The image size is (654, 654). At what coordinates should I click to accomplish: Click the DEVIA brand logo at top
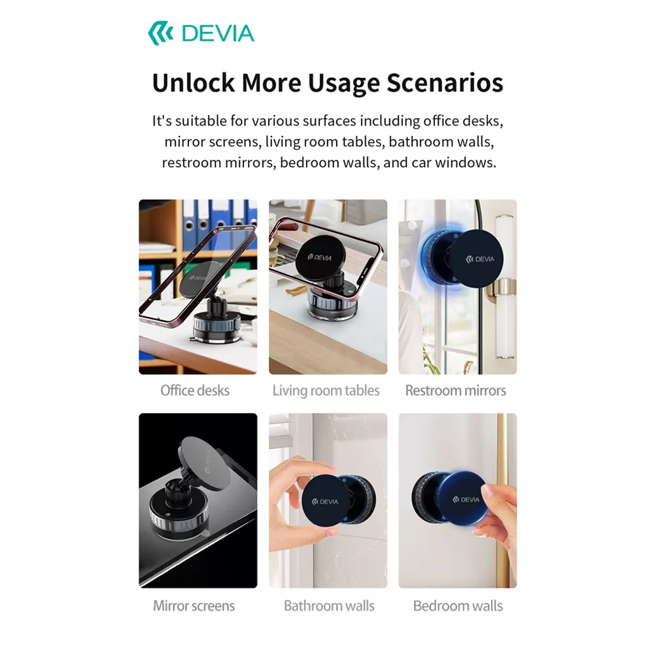pos(201,33)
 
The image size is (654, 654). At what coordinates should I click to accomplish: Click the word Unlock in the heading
pos(193,83)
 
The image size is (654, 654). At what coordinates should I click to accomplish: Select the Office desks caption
pos(195,390)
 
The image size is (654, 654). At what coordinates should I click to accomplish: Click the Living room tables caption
pos(326,390)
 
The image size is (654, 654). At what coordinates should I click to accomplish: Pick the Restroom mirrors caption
pos(455,390)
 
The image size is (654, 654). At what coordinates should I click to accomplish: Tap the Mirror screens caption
pos(194,605)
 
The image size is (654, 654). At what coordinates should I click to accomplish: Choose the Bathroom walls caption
pos(329,605)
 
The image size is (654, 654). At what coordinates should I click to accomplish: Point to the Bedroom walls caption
pos(458,605)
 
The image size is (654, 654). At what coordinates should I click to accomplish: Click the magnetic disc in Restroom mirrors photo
pos(480,259)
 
